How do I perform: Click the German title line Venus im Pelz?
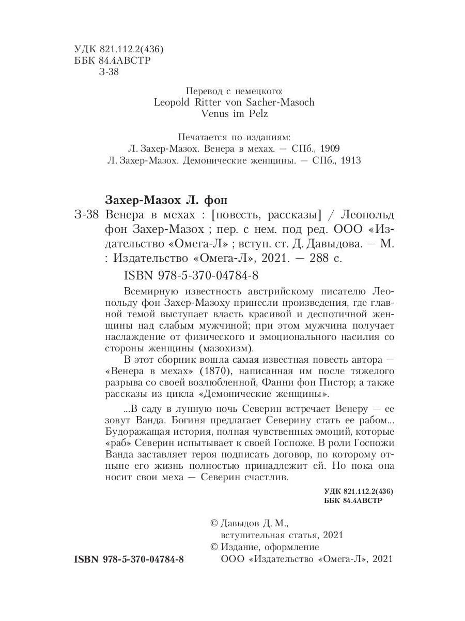click(234, 114)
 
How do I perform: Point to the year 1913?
click(349, 160)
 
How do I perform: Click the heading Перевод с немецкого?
click(234, 90)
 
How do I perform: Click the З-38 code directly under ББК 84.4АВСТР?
click(108, 72)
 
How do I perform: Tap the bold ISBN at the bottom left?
click(129, 560)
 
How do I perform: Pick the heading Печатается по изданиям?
click(234, 137)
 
